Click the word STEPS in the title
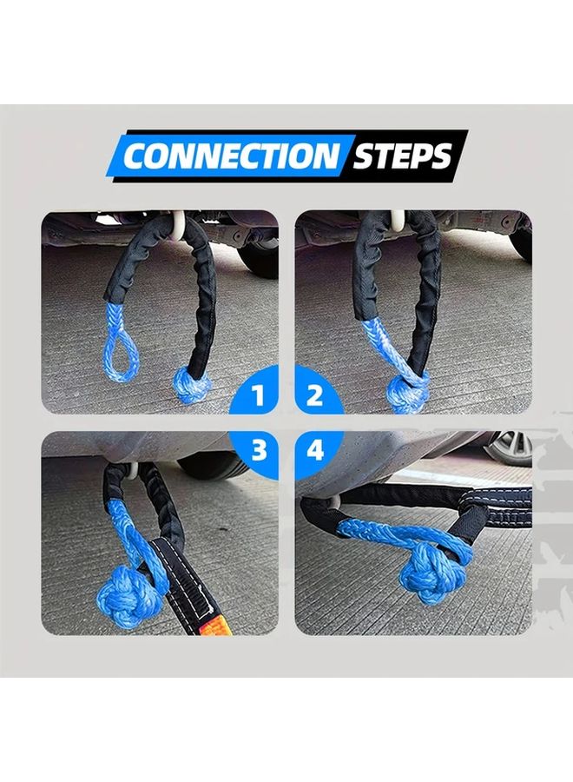pos(402,156)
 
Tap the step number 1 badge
pos(257,397)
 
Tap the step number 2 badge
pos(315,397)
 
